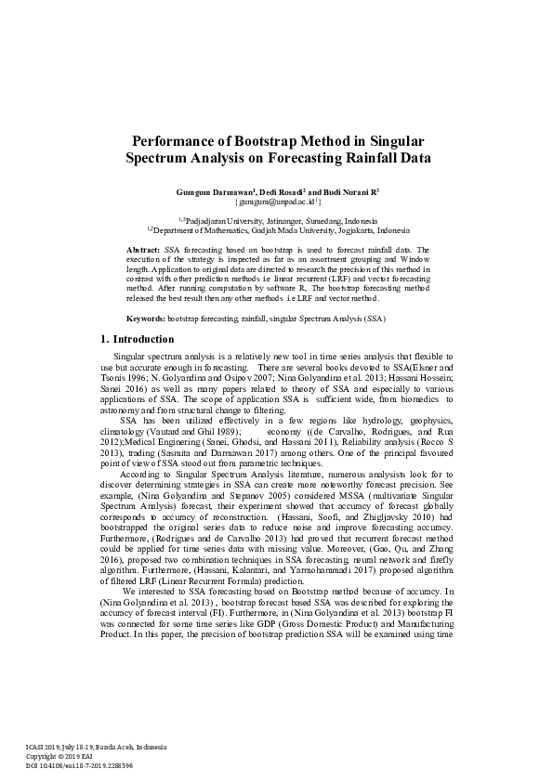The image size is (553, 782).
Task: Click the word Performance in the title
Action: click(x=175, y=141)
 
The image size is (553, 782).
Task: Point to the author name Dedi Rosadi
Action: click(x=281, y=190)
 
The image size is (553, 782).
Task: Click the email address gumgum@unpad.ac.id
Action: click(x=277, y=201)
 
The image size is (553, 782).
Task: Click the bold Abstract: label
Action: click(x=144, y=251)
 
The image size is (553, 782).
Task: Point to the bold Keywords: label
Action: click(x=146, y=319)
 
